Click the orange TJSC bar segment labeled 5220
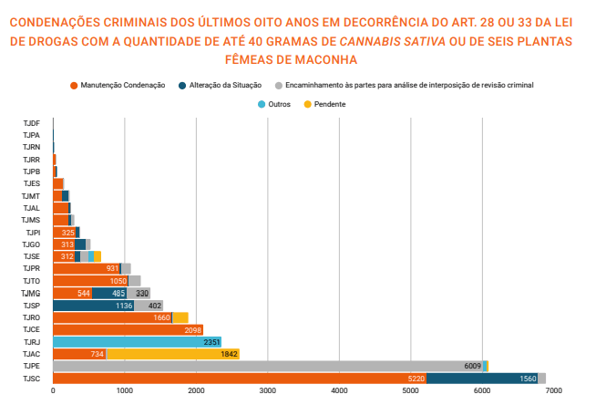[239, 379]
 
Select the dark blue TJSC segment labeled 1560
[482, 379]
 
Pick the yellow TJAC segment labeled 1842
[173, 354]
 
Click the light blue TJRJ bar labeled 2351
[137, 342]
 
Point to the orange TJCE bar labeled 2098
[128, 329]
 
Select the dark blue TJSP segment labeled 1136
[94, 306]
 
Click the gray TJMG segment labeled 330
[142, 293]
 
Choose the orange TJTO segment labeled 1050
[90, 281]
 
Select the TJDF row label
[31, 122]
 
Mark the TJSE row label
[31, 256]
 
